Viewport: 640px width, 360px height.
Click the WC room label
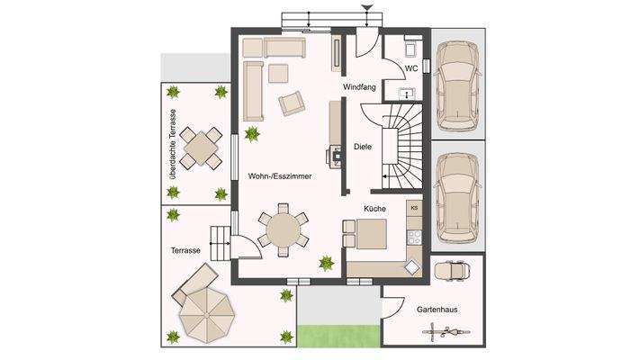click(x=410, y=67)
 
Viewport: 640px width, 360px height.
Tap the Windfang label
click(x=358, y=87)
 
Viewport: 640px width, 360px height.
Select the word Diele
click(x=362, y=146)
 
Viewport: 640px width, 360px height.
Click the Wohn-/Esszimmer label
click(x=280, y=177)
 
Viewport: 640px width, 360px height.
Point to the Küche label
click(x=375, y=208)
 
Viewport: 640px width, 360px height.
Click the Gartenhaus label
click(x=436, y=310)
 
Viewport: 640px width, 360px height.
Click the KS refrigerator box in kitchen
click(x=414, y=208)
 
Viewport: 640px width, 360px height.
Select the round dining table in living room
click(x=283, y=229)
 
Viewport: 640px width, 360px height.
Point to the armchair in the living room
click(x=293, y=103)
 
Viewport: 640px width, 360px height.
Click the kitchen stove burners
click(x=414, y=238)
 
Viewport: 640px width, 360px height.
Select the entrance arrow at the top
click(x=365, y=9)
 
